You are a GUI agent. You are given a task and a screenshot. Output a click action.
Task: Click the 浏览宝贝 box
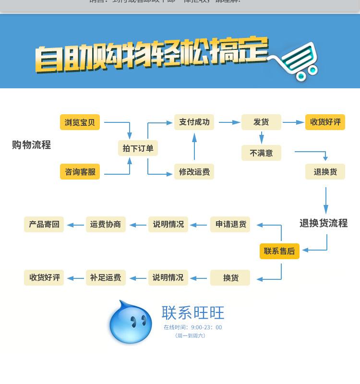(x=80, y=122)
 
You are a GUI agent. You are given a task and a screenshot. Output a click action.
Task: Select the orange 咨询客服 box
(x=80, y=172)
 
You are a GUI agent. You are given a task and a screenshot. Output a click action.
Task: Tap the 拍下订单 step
(x=138, y=148)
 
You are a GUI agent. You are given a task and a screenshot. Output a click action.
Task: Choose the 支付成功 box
(x=194, y=122)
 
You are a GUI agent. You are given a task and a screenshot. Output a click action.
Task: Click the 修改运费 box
(x=194, y=172)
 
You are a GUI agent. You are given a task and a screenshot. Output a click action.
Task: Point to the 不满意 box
(x=261, y=153)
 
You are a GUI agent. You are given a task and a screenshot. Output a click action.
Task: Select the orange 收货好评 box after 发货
(x=325, y=122)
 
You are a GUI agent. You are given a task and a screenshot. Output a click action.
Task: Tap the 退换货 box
(x=325, y=172)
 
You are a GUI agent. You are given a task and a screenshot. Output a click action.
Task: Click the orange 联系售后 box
(x=279, y=251)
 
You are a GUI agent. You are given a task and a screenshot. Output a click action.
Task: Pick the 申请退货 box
(x=230, y=224)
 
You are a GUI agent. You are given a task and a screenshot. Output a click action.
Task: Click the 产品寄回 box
(x=44, y=224)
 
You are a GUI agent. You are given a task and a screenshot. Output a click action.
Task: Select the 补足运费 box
(x=106, y=277)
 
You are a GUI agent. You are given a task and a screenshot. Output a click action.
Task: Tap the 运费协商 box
(x=106, y=224)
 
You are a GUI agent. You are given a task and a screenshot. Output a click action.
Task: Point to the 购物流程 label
(x=31, y=145)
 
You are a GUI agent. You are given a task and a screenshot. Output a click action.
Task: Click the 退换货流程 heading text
(x=323, y=223)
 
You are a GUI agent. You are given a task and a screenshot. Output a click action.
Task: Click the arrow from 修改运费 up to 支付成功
(x=194, y=146)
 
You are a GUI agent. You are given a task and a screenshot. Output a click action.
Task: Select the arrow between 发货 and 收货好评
(x=293, y=122)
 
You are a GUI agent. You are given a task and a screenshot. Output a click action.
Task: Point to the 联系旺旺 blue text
(x=193, y=313)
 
